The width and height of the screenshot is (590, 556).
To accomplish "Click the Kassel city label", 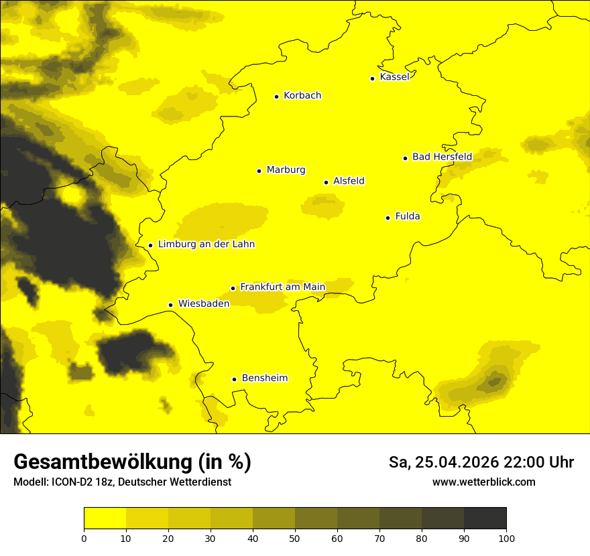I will click(x=394, y=77).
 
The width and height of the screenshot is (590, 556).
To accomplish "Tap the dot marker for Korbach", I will click(x=276, y=96).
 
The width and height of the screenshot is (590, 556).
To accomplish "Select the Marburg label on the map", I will click(x=286, y=170).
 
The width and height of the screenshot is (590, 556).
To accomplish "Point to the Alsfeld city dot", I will click(x=327, y=182).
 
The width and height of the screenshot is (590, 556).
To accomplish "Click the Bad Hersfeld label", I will click(x=442, y=157).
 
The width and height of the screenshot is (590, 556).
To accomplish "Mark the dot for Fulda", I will click(x=388, y=218).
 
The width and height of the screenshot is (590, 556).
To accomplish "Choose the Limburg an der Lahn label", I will click(x=206, y=245).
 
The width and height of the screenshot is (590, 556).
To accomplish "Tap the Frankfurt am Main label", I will click(x=282, y=287).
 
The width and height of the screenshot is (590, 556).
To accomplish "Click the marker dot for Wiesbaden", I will click(x=171, y=305).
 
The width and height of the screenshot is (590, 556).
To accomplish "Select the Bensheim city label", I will click(x=264, y=378).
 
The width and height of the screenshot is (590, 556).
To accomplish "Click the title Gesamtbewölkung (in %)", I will click(x=132, y=462).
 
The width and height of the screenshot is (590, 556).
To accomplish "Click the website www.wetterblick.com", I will click(x=484, y=482).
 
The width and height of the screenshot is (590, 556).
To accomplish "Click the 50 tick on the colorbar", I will click(x=295, y=537).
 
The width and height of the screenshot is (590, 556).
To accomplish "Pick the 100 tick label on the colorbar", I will click(x=506, y=537).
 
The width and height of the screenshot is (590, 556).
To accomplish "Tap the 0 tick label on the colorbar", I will click(x=84, y=537).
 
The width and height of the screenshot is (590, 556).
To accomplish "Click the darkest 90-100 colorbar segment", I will click(x=485, y=518).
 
